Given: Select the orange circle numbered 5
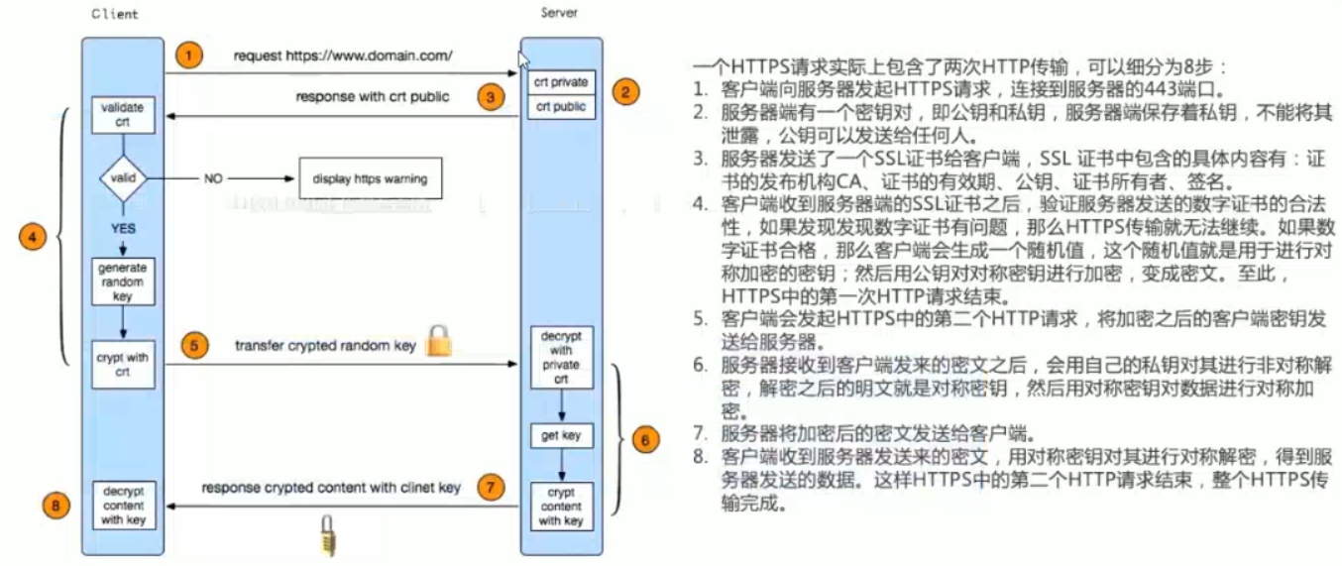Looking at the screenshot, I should (x=195, y=345).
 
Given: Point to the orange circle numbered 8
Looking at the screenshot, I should (x=56, y=506).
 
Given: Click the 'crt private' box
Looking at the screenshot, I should (x=561, y=82).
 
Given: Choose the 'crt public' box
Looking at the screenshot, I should (x=561, y=106).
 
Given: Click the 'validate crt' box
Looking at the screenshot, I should (x=123, y=115).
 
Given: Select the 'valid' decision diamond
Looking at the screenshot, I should (x=123, y=178).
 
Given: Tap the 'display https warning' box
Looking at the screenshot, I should (x=370, y=179).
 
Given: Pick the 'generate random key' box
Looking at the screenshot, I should (x=123, y=282).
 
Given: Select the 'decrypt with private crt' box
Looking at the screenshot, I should (x=561, y=357).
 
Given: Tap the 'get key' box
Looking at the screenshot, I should (x=561, y=435).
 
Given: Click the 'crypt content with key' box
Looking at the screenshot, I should (x=561, y=506).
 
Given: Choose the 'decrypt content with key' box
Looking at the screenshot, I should (x=123, y=505).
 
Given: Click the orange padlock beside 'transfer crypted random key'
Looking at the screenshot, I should (x=437, y=342).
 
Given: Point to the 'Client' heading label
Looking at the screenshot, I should (x=115, y=15).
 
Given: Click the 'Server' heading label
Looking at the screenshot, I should (x=559, y=13).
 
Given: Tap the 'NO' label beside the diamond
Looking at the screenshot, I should (x=213, y=179).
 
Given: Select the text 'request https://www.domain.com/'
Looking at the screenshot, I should (x=343, y=57).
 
